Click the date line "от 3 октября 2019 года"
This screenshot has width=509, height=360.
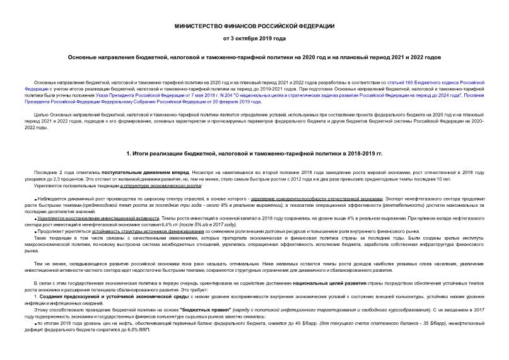pyautogui.click(x=254, y=39)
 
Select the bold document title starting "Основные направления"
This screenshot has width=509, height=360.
pyautogui.click(x=254, y=57)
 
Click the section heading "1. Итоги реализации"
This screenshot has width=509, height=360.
pyautogui.click(x=254, y=153)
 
